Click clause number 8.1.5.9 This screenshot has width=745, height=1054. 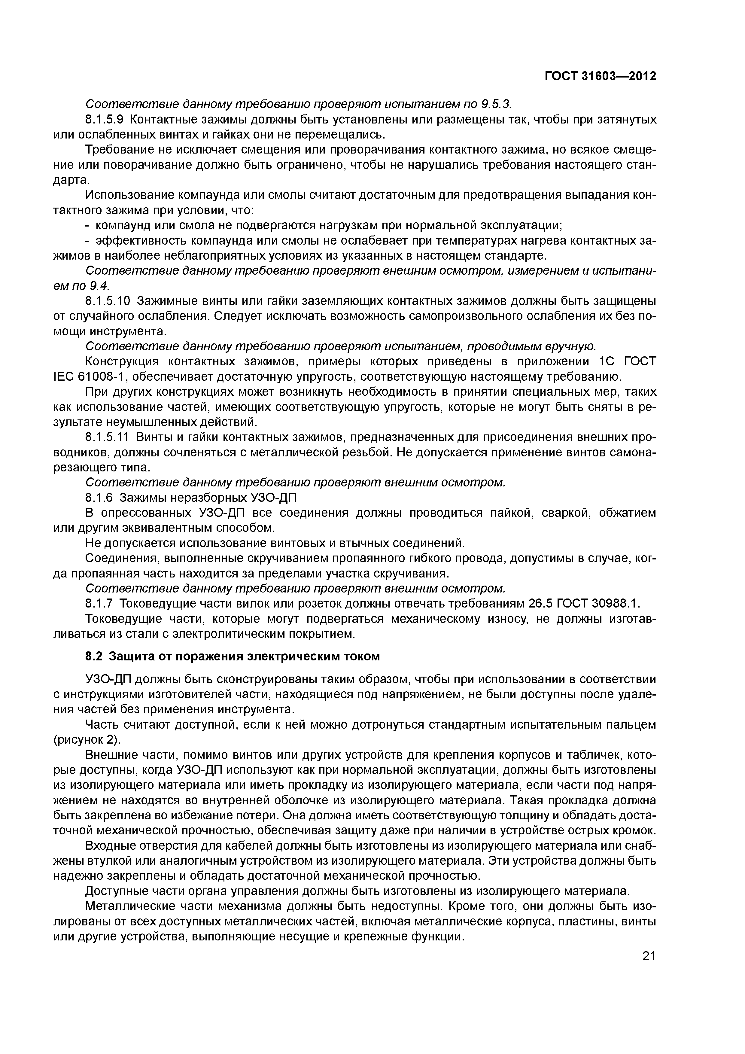pyautogui.click(x=105, y=120)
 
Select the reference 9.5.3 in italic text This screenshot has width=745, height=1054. pyautogui.click(x=495, y=105)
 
